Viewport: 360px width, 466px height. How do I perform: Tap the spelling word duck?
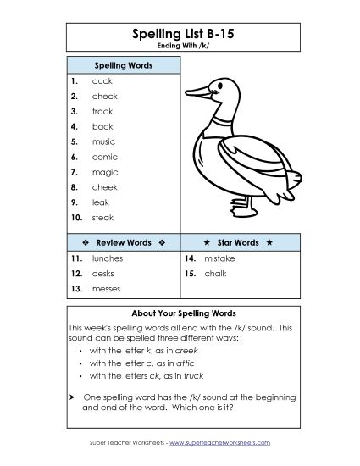click(x=102, y=81)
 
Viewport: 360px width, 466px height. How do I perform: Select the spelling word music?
click(x=103, y=142)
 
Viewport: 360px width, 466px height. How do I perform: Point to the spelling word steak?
click(x=102, y=218)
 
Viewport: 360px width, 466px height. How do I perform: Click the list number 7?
click(x=75, y=172)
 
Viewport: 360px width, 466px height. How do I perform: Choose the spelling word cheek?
click(x=104, y=187)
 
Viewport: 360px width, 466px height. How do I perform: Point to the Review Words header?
click(x=122, y=242)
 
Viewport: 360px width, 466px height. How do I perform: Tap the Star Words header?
click(x=237, y=242)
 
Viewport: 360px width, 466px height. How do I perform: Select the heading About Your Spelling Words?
click(x=179, y=312)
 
